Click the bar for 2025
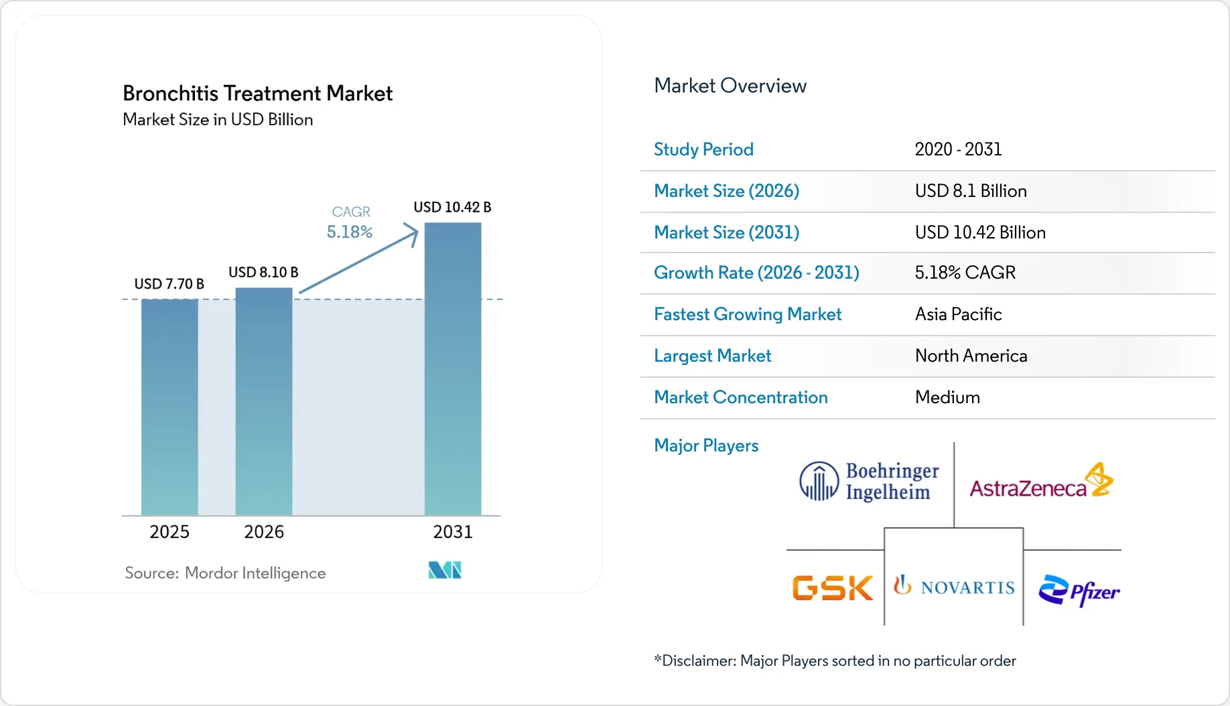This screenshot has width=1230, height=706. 169,407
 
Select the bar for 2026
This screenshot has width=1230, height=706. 264,401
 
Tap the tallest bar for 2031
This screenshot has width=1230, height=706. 453,368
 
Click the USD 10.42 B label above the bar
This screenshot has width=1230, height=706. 452,207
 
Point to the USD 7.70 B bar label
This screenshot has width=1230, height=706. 169,284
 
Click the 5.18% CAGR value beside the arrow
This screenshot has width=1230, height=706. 349,232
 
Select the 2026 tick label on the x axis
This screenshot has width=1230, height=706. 264,532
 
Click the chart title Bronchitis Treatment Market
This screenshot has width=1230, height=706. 257,93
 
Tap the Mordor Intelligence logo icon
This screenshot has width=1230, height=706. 445,570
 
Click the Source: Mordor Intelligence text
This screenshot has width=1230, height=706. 225,573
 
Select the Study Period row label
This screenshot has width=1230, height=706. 703,149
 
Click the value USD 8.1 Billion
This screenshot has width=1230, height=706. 970,191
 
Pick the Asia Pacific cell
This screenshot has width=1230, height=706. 958,314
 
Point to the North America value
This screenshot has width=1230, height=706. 971,356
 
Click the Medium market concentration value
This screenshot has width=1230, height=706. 947,397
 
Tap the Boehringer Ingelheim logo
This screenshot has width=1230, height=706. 869,482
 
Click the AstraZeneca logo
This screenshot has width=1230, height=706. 1040,482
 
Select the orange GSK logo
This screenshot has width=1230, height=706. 833,588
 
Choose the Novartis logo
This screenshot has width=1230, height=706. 954,587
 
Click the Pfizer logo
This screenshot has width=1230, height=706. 1079,590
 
